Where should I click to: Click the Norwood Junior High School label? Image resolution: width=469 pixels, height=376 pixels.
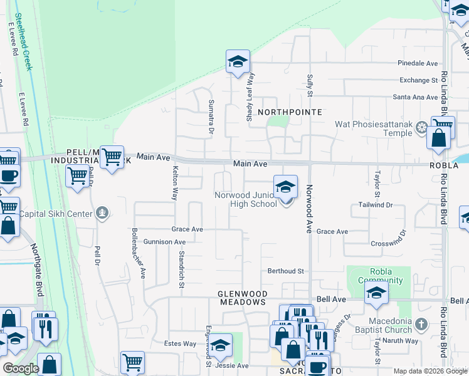(246, 199)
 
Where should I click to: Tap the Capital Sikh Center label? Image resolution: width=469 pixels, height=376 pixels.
(56, 214)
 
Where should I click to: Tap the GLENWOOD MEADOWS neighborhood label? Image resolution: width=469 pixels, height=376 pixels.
(243, 298)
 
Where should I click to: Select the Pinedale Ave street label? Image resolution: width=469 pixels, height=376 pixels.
(418, 63)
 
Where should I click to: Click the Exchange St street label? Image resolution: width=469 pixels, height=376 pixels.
(419, 80)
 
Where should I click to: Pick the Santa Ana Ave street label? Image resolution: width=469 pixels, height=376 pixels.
(415, 97)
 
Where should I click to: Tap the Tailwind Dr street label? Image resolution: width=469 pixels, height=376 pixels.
(376, 205)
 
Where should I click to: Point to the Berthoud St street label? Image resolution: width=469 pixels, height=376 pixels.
(286, 271)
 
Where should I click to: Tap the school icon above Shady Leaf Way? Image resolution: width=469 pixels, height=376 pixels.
(238, 61)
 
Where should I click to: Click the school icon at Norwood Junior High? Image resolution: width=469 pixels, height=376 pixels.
(285, 186)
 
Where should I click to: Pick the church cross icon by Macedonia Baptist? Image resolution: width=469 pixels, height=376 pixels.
(422, 325)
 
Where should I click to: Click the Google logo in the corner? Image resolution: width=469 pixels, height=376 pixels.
(21, 368)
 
